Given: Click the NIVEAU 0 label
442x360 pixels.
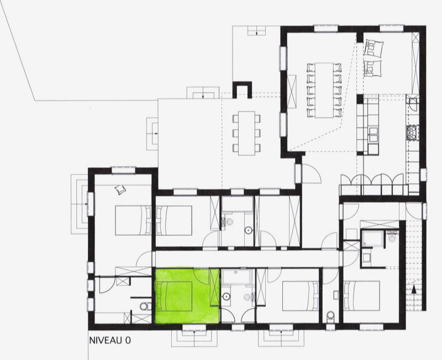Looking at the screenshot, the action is click(x=110, y=340).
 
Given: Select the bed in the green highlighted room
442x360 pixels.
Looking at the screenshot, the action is click(x=174, y=296).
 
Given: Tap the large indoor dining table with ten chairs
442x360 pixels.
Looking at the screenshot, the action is click(x=324, y=90).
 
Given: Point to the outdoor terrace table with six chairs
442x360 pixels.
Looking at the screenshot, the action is click(x=246, y=133).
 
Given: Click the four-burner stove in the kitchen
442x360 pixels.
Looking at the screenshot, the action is click(x=412, y=133).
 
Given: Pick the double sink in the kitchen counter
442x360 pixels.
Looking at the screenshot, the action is click(x=374, y=135).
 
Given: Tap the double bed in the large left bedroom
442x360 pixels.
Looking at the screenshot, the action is click(x=133, y=220).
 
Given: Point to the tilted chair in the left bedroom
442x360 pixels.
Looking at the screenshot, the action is click(x=120, y=189).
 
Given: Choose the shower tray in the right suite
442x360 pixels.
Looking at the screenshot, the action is click(x=372, y=239).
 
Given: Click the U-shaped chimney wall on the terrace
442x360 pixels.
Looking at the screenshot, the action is click(x=242, y=89).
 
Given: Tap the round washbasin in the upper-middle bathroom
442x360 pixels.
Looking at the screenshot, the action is click(x=248, y=230).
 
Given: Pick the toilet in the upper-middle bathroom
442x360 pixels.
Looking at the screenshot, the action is click(x=229, y=222).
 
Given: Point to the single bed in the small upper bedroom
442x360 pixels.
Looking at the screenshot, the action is click(x=174, y=220).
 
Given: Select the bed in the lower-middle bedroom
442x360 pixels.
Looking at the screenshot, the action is click(x=301, y=296).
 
